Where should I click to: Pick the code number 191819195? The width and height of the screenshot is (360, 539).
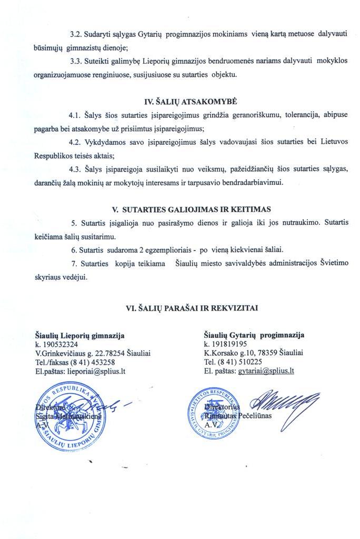pyautogui.click(x=228, y=344)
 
